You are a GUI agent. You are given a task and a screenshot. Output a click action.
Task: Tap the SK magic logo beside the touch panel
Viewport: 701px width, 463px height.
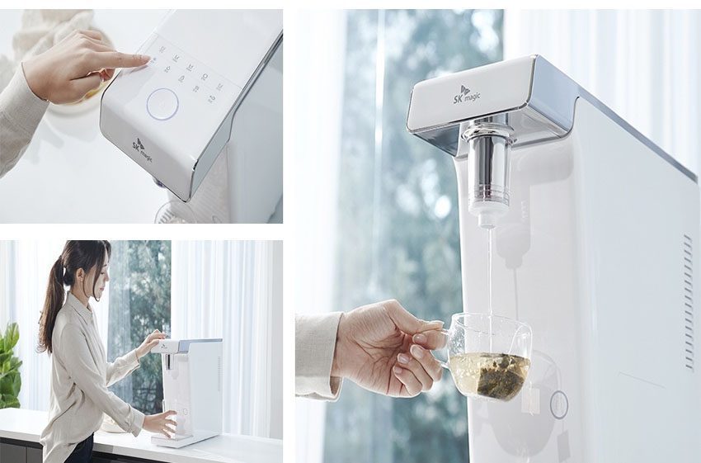(142, 149)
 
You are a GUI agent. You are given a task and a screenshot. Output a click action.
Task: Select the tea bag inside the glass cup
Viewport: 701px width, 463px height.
(490, 376)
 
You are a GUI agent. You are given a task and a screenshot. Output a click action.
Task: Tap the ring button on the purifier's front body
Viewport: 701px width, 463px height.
(558, 404)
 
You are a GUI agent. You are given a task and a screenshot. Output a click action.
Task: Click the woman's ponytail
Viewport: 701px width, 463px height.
(52, 305)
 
